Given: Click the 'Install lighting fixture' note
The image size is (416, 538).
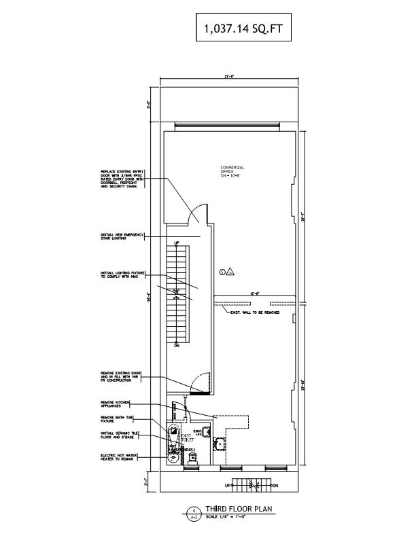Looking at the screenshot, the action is click(x=122, y=275).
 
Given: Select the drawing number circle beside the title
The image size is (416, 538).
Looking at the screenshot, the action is click(x=194, y=512).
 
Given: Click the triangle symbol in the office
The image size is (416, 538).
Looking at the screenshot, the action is click(x=230, y=272).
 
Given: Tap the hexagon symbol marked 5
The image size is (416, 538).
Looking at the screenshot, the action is click(x=222, y=272).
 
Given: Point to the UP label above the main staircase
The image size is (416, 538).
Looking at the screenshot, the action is click(x=177, y=243).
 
